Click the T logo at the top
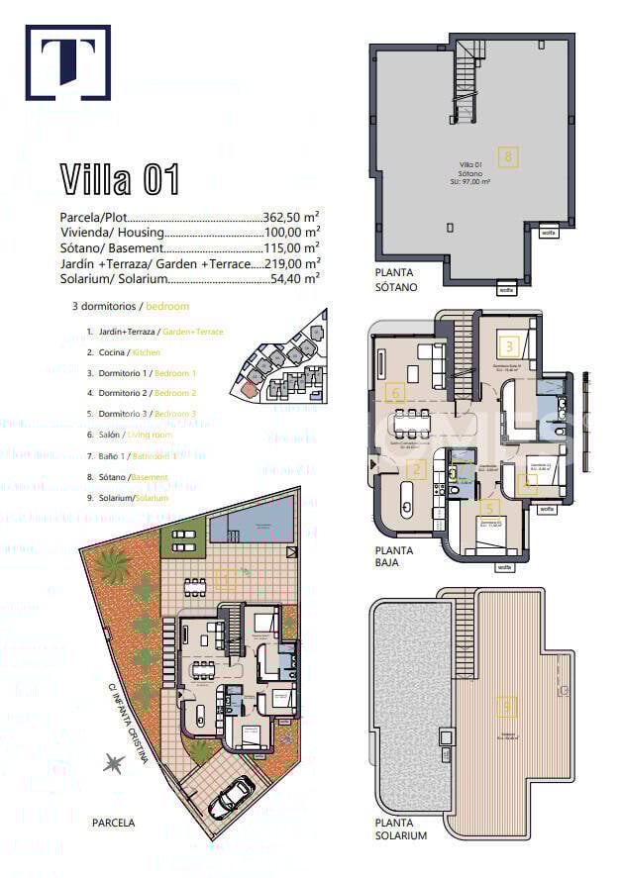[x=67, y=62]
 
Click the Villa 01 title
[x=120, y=179]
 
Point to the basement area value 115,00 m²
[x=291, y=248]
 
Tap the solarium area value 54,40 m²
[x=295, y=280]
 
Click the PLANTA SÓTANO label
[x=396, y=279]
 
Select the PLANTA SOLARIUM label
[x=401, y=829]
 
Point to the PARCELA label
[x=113, y=823]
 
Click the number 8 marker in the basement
[x=508, y=155]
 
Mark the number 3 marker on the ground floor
[x=508, y=346]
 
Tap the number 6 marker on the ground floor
[x=395, y=393]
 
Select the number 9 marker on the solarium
[x=507, y=707]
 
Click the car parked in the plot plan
[x=234, y=793]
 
